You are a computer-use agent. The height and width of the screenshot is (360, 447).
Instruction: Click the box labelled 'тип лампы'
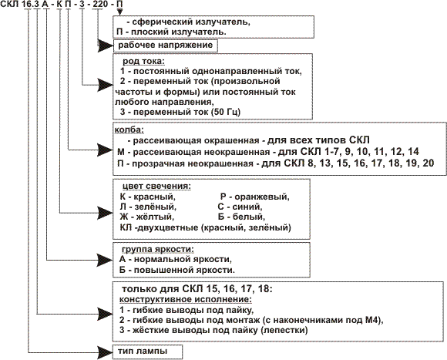point(147,352)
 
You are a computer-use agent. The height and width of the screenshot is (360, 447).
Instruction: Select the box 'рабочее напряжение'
point(166,45)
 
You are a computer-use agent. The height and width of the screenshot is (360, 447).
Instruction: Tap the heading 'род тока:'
point(144,61)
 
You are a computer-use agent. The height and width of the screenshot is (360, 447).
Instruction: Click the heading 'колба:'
point(129,130)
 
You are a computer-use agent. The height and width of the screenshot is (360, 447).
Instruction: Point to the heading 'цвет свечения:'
point(156,186)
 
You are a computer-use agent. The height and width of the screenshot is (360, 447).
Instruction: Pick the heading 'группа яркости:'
point(158,250)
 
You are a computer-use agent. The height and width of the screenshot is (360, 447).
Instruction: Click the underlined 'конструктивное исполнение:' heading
point(186,300)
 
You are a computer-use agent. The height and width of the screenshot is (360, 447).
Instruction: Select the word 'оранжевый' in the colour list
point(262,197)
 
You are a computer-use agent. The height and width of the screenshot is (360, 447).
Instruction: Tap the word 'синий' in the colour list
point(247,207)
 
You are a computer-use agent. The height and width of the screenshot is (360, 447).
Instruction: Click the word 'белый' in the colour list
point(249,217)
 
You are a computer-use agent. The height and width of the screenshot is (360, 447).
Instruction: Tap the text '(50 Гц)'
point(226,112)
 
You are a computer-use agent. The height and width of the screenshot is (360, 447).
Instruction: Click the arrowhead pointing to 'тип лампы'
point(106,352)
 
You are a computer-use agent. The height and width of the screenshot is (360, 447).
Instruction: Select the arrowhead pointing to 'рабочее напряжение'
point(106,46)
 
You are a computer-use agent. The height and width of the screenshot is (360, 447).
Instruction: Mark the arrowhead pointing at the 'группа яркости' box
point(106,260)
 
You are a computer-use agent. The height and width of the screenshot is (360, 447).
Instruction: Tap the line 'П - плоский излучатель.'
point(171,32)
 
